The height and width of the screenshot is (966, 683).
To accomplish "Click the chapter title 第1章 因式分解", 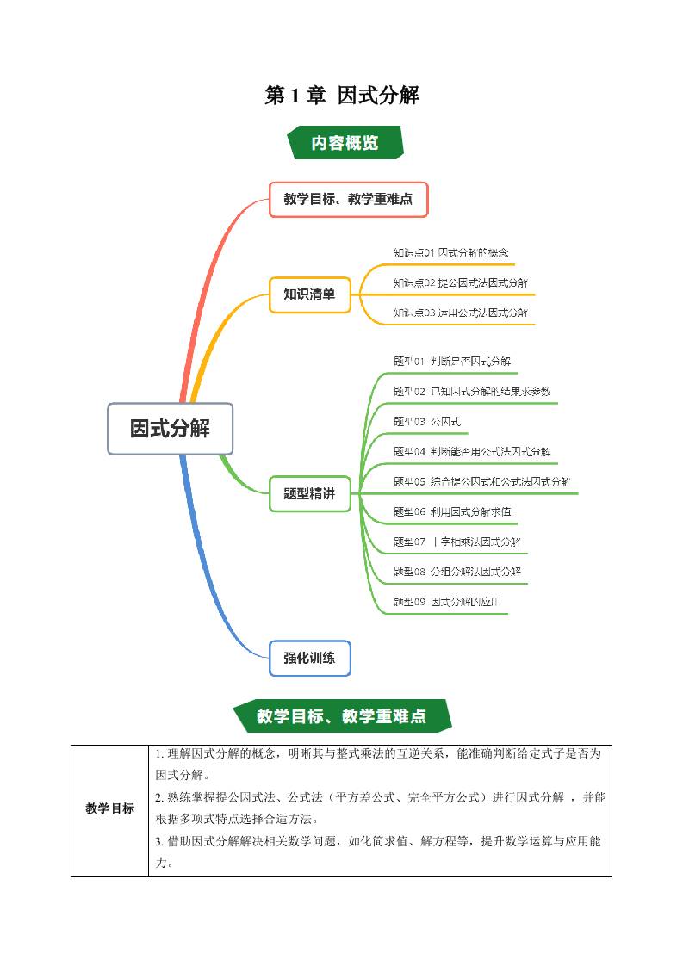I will [x=342, y=96].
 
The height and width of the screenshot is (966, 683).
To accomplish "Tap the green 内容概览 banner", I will [x=344, y=143].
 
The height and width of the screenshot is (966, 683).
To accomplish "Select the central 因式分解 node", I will [x=170, y=428].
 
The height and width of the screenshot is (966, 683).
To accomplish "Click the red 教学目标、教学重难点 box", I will [x=348, y=199].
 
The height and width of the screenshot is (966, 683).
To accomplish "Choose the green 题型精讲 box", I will [x=309, y=494].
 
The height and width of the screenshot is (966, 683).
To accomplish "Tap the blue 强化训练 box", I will [x=309, y=659].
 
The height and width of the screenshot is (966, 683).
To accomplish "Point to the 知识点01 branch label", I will [x=450, y=252].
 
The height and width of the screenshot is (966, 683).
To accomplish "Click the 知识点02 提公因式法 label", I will [x=461, y=282].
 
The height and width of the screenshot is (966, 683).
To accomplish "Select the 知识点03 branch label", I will [x=461, y=312].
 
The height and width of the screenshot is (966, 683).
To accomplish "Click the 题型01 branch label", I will [x=452, y=361].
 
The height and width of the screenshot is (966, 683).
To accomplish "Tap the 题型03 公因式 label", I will [x=427, y=421].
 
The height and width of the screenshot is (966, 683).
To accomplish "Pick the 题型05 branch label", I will [x=481, y=481].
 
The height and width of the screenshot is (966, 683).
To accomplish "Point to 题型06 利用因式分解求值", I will [x=452, y=511].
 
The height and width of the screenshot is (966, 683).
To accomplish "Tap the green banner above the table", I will [x=342, y=715].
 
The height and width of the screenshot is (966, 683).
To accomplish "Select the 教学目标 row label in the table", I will [x=109, y=808].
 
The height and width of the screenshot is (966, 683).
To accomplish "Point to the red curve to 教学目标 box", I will [x=207, y=276].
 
